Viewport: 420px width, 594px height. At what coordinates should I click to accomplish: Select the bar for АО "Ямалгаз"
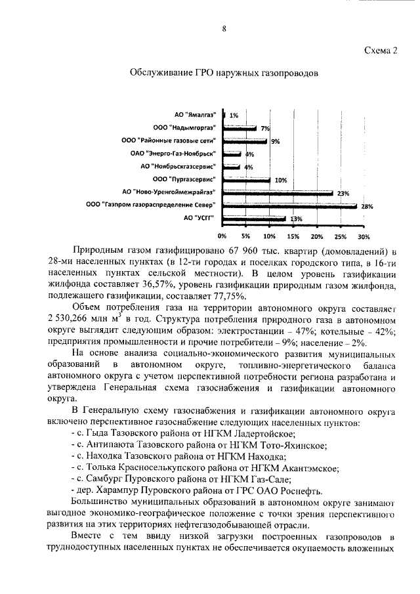225,115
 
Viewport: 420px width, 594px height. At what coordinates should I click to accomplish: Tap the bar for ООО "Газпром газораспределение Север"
289,205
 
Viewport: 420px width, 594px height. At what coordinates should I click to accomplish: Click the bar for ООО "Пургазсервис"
247,179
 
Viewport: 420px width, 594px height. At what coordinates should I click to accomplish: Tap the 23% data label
343,194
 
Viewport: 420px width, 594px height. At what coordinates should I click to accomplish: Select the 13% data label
296,219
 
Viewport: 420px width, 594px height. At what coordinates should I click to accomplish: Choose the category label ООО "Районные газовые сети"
169,140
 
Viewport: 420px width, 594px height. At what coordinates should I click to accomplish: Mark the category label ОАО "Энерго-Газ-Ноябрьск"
173,154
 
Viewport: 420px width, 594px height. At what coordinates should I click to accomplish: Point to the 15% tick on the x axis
293,236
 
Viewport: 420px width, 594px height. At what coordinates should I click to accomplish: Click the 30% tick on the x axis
364,236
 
